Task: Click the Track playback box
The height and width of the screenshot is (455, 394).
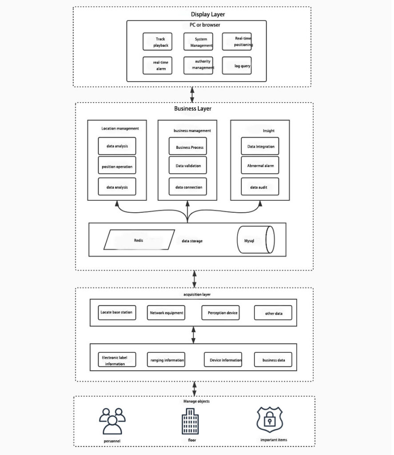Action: [157, 42]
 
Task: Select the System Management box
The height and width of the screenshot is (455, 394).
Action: [198, 42]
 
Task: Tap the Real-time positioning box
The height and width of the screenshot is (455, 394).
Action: [237, 41]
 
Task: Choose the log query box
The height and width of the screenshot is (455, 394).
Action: [237, 66]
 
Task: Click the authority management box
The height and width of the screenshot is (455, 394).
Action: [198, 65]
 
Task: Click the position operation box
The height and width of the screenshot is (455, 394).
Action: [117, 166]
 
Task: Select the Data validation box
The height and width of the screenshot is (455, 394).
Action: [188, 166]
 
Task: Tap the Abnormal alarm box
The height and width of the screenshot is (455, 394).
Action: [260, 166]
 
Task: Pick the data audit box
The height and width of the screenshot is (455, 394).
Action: [260, 187]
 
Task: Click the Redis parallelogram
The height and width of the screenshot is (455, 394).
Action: [139, 240]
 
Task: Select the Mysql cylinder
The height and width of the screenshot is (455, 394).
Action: [255, 240]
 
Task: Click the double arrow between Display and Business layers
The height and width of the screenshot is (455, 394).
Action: [192, 95]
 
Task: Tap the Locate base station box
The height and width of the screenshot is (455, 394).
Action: [116, 312]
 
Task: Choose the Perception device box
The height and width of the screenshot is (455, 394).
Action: [223, 313]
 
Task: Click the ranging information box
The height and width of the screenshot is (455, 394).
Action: [167, 360]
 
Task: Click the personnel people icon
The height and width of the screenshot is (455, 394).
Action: [112, 422]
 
